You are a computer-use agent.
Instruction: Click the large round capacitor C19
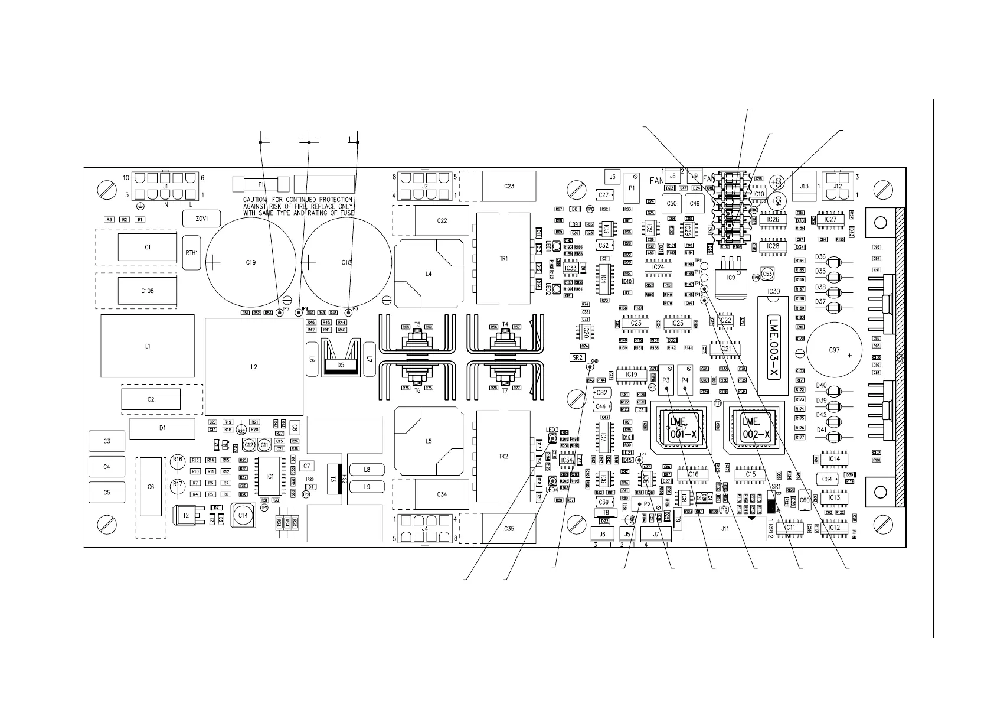pyautogui.click(x=250, y=262)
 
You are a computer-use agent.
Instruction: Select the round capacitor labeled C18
pyautogui.click(x=346, y=262)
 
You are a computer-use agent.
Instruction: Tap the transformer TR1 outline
pyautogui.click(x=503, y=259)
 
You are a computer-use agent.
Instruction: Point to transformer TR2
pyautogui.click(x=503, y=457)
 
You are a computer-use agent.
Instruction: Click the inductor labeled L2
pyautogui.click(x=254, y=367)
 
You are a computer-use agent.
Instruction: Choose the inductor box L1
pyautogui.click(x=148, y=346)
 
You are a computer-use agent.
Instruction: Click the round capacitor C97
pyautogui.click(x=833, y=350)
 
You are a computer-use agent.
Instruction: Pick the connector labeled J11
pyautogui.click(x=725, y=529)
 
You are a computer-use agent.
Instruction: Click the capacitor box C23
pyautogui.click(x=509, y=187)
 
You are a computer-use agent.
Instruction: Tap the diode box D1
pyautogui.click(x=162, y=428)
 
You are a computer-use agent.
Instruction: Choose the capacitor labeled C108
pyautogui.click(x=148, y=291)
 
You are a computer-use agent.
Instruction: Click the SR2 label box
pyautogui.click(x=577, y=357)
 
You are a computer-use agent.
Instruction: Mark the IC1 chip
pyautogui.click(x=270, y=476)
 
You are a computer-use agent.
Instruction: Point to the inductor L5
pyautogui.click(x=429, y=441)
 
